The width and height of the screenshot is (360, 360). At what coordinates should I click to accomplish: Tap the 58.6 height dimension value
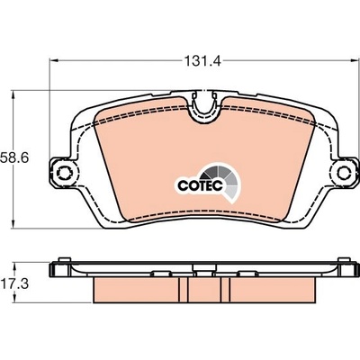click(14, 157)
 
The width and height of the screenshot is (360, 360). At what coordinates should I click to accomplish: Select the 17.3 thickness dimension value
click(14, 283)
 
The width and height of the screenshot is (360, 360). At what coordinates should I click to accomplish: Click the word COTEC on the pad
click(200, 185)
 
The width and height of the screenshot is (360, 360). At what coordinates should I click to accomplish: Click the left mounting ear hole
click(64, 174)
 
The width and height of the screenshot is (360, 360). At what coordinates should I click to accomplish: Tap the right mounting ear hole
click(344, 174)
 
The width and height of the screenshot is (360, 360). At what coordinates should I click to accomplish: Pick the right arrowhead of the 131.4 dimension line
click(355, 61)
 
